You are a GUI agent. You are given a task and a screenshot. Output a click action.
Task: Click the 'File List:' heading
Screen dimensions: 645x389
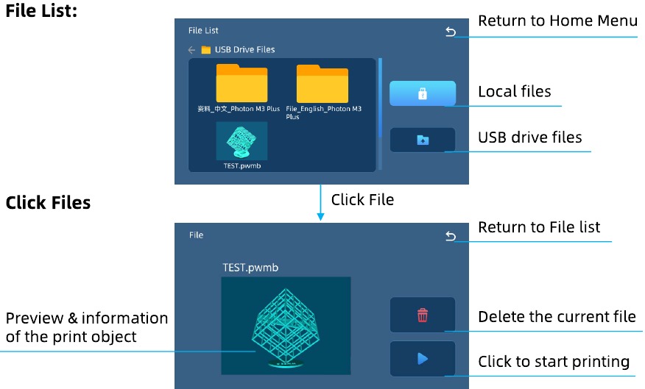point(41,11)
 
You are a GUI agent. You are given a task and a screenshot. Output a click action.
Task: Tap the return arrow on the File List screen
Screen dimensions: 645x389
point(451,32)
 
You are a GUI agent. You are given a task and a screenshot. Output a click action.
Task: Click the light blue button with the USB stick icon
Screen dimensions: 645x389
point(423,93)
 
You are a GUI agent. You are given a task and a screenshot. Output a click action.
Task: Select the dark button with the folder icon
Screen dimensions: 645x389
point(423,140)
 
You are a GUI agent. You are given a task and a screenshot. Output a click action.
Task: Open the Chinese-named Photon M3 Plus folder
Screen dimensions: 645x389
point(242,83)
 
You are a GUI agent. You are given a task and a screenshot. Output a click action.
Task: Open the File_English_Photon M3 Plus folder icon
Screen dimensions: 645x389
point(322,84)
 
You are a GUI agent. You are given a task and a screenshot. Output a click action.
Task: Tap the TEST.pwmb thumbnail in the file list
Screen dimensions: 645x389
point(242,141)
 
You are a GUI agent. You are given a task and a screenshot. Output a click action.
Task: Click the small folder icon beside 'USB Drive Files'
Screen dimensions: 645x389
point(205,50)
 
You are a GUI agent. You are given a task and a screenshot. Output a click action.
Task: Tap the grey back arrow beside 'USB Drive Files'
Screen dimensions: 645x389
point(191,50)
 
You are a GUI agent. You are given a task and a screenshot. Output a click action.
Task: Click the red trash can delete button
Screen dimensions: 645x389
point(423,315)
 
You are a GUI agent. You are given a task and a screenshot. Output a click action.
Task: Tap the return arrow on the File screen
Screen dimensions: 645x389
point(451,236)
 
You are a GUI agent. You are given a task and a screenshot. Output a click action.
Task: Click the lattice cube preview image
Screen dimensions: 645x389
point(286,326)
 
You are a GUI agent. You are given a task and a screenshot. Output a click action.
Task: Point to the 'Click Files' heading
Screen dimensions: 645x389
point(48,202)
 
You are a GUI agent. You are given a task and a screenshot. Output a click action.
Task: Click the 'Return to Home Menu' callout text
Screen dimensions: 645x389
point(557,21)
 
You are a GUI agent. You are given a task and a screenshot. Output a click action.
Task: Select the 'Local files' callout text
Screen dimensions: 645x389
point(514,91)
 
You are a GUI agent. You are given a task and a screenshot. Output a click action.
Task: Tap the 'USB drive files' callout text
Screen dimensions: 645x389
point(530,138)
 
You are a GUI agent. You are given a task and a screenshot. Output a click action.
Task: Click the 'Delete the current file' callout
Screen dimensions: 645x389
point(557,317)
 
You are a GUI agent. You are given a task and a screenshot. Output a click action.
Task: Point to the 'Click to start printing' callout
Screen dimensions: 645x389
point(554,362)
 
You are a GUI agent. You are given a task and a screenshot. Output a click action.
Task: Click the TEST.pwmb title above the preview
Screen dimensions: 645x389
point(250,268)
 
